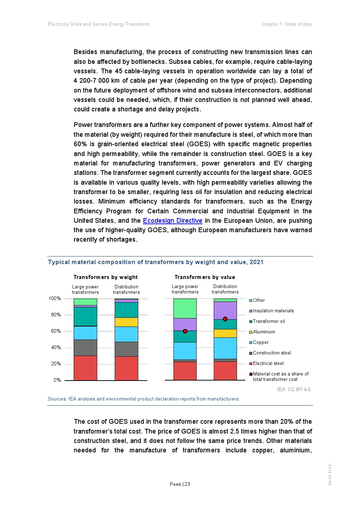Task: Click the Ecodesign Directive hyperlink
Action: click(x=172, y=221)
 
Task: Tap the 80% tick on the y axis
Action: click(x=56, y=315)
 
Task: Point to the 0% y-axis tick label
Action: click(x=57, y=380)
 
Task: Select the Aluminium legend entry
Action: click(x=264, y=332)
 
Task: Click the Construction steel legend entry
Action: click(x=272, y=353)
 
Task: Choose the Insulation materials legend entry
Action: click(x=273, y=311)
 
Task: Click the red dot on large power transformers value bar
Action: click(x=185, y=331)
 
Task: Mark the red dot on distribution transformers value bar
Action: click(x=225, y=319)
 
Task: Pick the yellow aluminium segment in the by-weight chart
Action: click(x=126, y=322)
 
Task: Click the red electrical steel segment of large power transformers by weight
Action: click(x=85, y=368)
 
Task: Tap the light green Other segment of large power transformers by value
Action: click(x=185, y=308)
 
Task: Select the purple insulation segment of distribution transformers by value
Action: click(x=225, y=310)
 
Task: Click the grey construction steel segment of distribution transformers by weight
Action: click(x=126, y=349)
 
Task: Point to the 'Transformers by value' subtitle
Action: click(x=205, y=277)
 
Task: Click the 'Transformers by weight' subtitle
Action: click(x=106, y=277)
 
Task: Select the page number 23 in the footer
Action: click(x=187, y=484)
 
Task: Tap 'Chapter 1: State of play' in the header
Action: click(x=286, y=24)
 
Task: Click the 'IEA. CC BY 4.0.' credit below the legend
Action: click(x=294, y=389)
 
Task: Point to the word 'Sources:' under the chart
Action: click(x=57, y=399)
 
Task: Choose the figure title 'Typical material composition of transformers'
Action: click(x=155, y=262)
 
